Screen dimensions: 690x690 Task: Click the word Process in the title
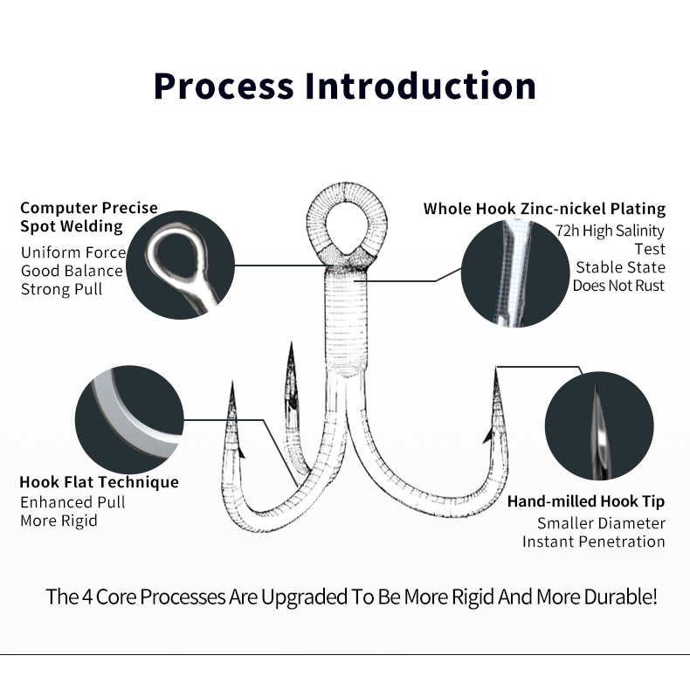click(x=224, y=86)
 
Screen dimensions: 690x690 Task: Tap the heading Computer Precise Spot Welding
click(x=89, y=217)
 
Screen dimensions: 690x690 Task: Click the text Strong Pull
click(x=61, y=289)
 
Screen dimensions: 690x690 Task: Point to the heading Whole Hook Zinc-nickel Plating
click(x=544, y=209)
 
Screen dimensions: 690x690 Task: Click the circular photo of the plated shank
click(x=514, y=273)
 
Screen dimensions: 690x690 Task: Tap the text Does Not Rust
click(x=618, y=286)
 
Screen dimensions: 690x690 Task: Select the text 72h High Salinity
click(x=610, y=231)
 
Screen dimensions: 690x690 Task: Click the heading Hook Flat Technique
click(x=99, y=482)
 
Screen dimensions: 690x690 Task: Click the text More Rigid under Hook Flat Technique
click(x=59, y=521)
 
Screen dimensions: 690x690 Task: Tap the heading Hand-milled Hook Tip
click(x=586, y=501)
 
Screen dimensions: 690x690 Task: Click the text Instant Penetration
click(x=594, y=542)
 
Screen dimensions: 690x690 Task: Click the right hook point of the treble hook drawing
click(x=496, y=384)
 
